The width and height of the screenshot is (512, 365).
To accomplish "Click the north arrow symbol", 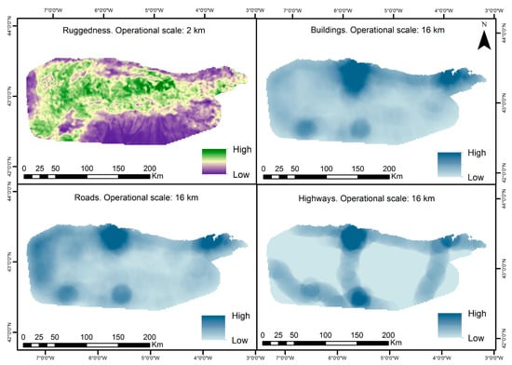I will tap(484, 39).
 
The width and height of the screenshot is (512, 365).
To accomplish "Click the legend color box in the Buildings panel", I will tap(450, 164).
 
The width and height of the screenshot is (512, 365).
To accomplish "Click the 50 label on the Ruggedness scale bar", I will tap(54, 168).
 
